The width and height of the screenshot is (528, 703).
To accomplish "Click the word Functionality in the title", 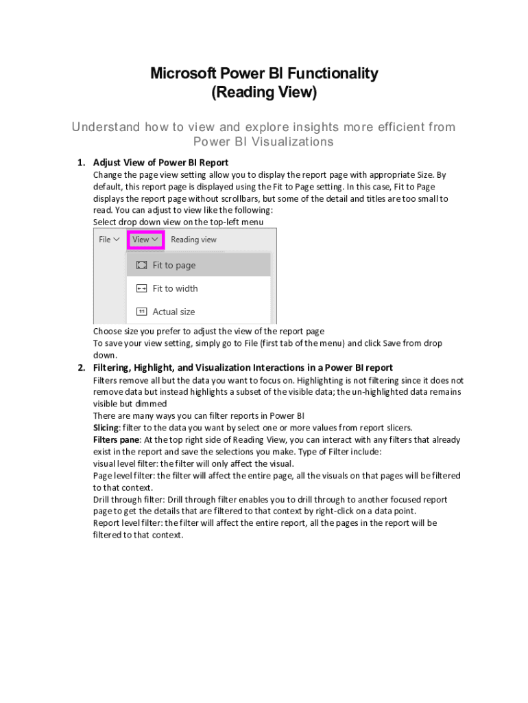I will (x=332, y=73).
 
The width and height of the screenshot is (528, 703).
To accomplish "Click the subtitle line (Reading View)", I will (x=264, y=92).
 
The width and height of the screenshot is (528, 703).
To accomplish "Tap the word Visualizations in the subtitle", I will (x=290, y=142).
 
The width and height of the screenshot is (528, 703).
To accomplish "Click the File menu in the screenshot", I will (x=109, y=240).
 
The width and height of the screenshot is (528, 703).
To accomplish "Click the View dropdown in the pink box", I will (x=146, y=240).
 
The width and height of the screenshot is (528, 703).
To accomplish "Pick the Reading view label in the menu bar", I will (x=193, y=240).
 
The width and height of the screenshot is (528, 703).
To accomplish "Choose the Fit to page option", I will (x=173, y=265).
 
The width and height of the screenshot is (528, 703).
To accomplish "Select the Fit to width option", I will (x=175, y=288).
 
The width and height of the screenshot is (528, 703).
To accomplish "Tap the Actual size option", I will (x=173, y=312).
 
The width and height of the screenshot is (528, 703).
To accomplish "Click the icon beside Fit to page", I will (x=141, y=265).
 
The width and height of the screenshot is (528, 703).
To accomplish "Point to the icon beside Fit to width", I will (x=141, y=288).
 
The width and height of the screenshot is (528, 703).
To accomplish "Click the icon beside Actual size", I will (x=141, y=312).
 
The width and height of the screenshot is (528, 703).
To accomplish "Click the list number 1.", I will (x=81, y=163).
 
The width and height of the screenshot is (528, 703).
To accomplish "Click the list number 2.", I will (x=81, y=367).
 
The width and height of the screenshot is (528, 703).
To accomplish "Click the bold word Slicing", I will (x=106, y=428).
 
